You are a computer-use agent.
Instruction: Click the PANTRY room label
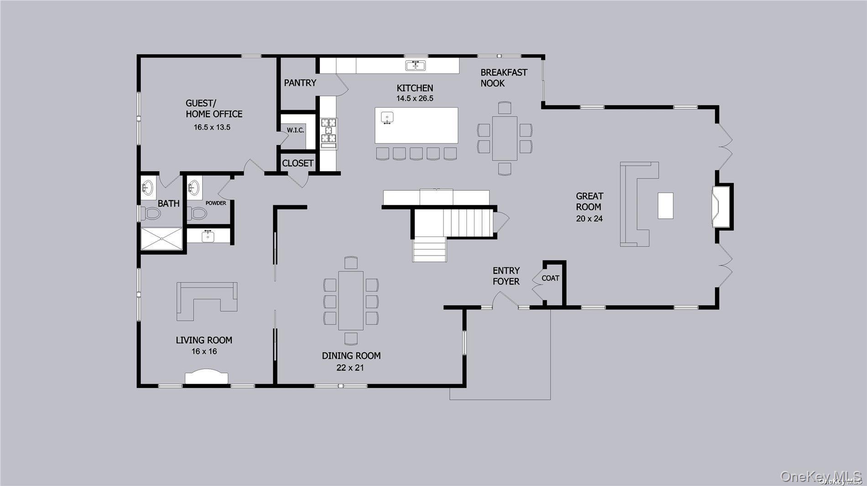pyautogui.click(x=300, y=83)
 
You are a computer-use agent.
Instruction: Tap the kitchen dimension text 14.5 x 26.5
pyautogui.click(x=414, y=99)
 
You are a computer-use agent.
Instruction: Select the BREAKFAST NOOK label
pyautogui.click(x=503, y=78)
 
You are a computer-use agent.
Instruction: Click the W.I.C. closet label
pyautogui.click(x=295, y=131)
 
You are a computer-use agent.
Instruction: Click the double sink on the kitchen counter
pyautogui.click(x=415, y=66)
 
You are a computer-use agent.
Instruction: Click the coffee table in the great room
pyautogui.click(x=665, y=206)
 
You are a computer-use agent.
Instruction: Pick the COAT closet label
pyautogui.click(x=550, y=278)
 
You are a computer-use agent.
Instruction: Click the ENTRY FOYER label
pyautogui.click(x=506, y=276)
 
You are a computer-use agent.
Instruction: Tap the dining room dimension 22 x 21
pyautogui.click(x=350, y=368)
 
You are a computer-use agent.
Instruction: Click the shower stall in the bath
pyautogui.click(x=161, y=239)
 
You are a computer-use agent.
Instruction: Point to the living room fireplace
pyautogui.click(x=206, y=377)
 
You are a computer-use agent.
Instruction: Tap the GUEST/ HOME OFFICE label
pyautogui.click(x=214, y=109)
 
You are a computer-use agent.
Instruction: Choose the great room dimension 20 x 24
pyautogui.click(x=589, y=219)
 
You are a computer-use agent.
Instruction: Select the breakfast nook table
pyautogui.click(x=504, y=138)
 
